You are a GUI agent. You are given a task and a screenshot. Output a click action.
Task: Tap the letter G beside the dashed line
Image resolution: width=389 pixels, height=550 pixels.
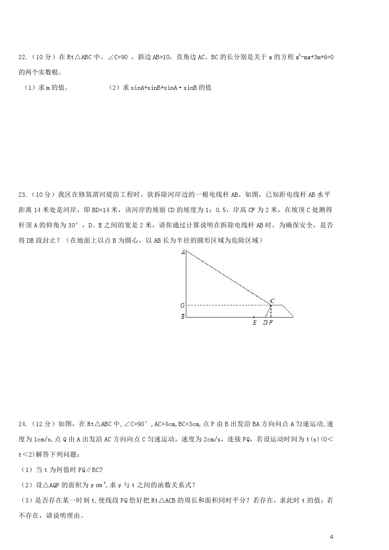(182, 305)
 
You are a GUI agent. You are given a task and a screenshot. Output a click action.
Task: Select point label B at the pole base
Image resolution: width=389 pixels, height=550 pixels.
(182, 316)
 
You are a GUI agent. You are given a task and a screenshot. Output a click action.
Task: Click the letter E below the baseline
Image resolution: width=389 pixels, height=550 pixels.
(254, 323)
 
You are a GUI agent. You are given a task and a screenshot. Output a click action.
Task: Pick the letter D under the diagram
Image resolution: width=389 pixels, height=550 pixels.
(265, 323)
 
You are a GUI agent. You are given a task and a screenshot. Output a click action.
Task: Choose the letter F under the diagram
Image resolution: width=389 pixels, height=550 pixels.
(271, 323)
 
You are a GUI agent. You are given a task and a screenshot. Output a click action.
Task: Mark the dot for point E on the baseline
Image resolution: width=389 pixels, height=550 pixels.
(254, 317)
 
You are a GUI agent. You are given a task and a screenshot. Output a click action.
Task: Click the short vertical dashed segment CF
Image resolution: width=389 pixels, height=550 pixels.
(271, 311)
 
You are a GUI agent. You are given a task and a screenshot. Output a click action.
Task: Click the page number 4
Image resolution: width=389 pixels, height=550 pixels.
(331, 537)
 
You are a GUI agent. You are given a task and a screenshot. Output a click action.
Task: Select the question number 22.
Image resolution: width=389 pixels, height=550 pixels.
(23, 57)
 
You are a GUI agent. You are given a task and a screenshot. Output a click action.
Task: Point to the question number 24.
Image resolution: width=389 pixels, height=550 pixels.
(23, 424)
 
